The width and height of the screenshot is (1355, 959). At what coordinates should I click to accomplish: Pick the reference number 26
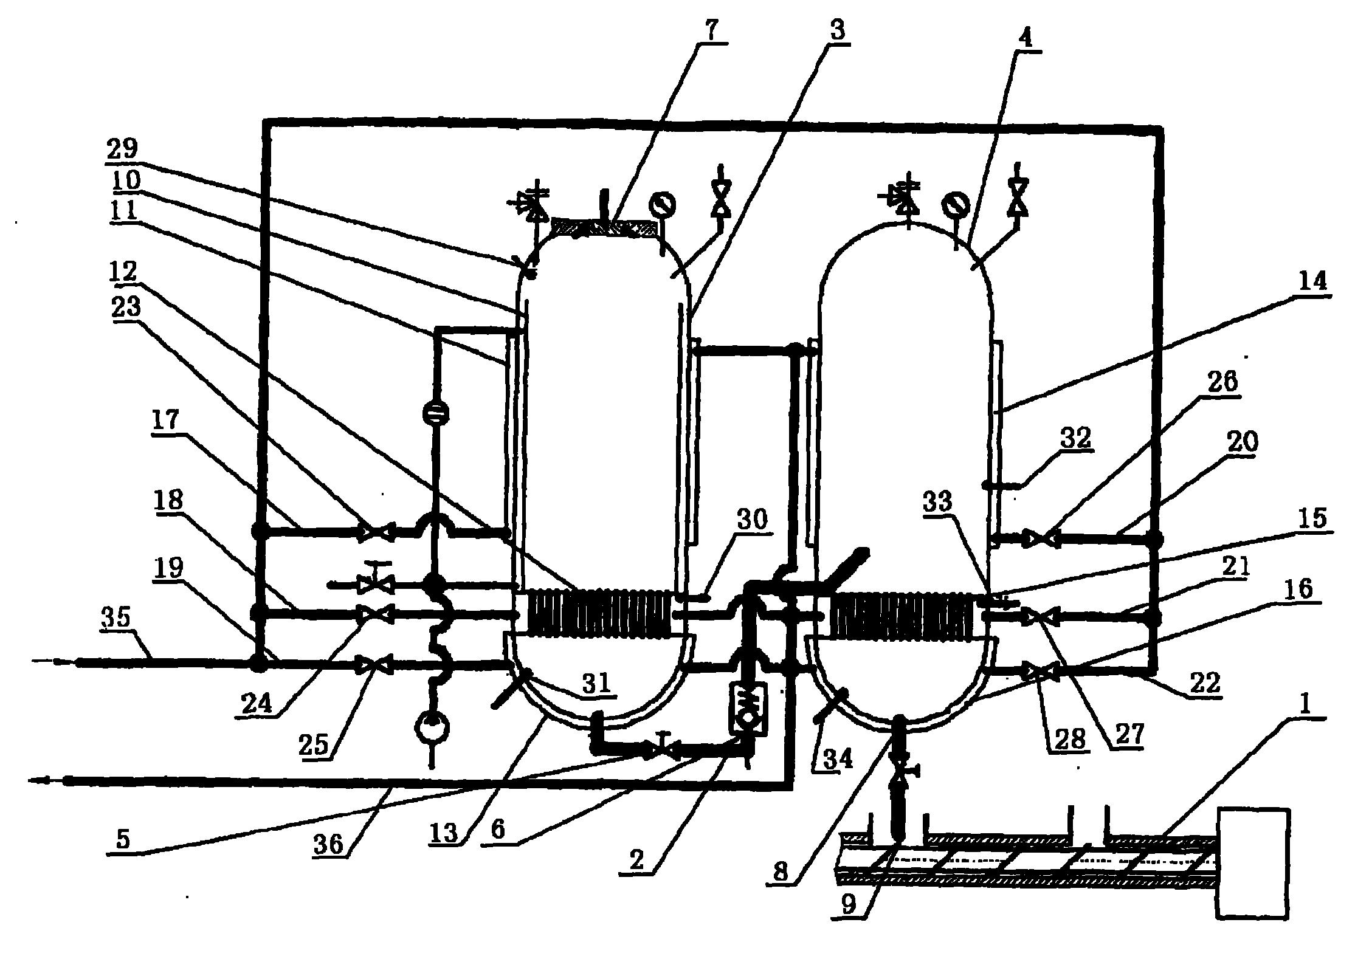point(1220,383)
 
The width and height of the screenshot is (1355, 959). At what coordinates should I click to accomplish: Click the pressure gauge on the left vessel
point(659,202)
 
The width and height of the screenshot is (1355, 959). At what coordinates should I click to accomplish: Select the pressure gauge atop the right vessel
point(953,205)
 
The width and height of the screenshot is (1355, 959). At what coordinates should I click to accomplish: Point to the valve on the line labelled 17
point(377,533)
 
